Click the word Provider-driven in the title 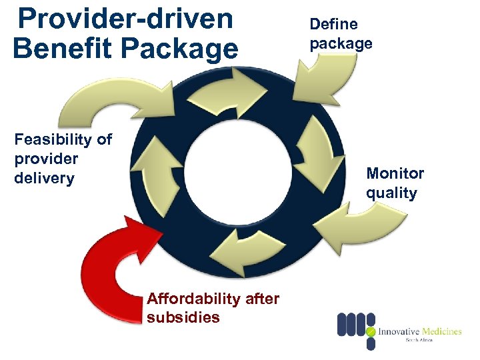pyautogui.click(x=125, y=18)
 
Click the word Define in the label pyautogui.click(x=333, y=25)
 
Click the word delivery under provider pyautogui.click(x=44, y=179)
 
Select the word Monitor pyautogui.click(x=395, y=174)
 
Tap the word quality pyautogui.click(x=391, y=193)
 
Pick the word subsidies pyautogui.click(x=183, y=317)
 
